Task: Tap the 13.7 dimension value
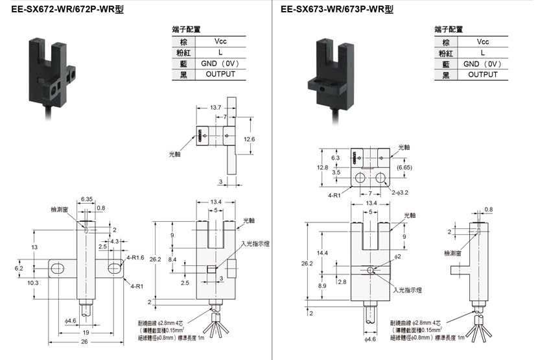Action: coord(216,107)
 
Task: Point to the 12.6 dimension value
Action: coord(250,139)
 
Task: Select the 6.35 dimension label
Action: coord(88,198)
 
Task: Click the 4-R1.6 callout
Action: coord(136,258)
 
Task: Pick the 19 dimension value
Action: coord(87,333)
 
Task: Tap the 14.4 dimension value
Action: coord(322,252)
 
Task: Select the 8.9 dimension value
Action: coord(322,285)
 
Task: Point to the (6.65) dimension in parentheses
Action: coord(405,167)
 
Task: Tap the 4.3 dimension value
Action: coord(114,241)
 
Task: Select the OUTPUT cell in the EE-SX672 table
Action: coord(220,75)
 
